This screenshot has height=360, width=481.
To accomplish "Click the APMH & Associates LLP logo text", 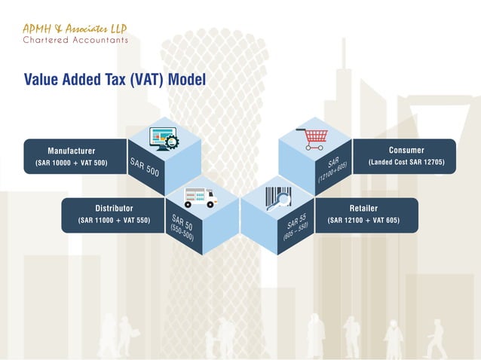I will click(x=75, y=29).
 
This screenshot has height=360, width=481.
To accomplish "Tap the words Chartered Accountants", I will click(x=75, y=41).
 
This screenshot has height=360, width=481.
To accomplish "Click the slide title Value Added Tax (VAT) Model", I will click(x=115, y=80).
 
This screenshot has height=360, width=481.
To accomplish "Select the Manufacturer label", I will click(x=71, y=151).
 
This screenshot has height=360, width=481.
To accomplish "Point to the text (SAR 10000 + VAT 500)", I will click(x=71, y=163).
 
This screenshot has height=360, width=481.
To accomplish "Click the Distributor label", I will click(x=114, y=209).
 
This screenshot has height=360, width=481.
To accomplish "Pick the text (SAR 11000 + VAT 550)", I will click(x=114, y=221).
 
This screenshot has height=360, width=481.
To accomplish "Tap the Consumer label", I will click(x=406, y=151).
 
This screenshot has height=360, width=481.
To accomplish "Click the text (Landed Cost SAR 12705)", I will click(x=406, y=163).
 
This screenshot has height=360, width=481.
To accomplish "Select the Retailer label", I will click(x=363, y=209).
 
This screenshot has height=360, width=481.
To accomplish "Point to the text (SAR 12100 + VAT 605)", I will click(x=363, y=221).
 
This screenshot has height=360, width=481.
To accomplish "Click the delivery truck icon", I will click(x=200, y=197).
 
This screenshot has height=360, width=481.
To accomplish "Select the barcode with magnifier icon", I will click(x=277, y=199).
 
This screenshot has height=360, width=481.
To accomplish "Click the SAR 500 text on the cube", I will click(x=145, y=167).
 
